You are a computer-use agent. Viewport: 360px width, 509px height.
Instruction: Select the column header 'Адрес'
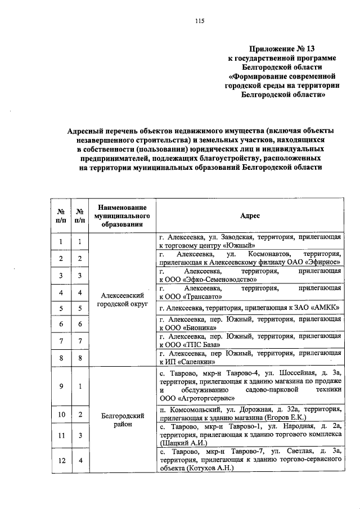point(250,215)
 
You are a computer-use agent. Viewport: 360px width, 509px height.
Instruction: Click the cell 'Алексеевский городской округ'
point(122,299)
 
